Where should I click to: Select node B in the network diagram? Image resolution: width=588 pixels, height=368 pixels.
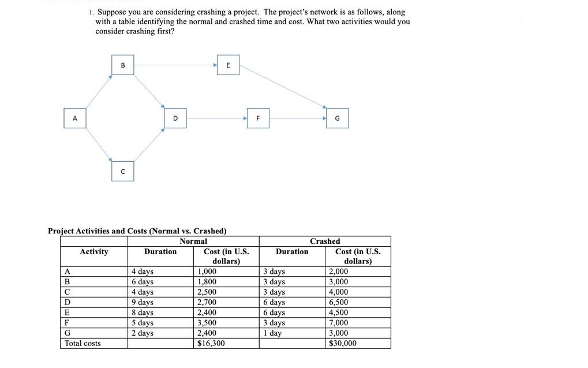[x=123, y=65]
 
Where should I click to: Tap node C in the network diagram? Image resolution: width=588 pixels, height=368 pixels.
[x=123, y=171]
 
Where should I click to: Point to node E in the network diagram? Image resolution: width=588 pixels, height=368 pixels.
[x=228, y=65]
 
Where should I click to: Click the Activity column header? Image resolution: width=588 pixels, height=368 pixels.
[x=93, y=251]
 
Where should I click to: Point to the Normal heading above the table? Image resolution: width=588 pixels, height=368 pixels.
[x=193, y=241]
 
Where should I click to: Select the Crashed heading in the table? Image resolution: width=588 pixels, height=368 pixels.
[x=325, y=241]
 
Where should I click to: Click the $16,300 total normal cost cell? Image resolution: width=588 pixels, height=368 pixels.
[x=211, y=343]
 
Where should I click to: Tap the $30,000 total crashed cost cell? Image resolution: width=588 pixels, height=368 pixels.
[x=342, y=343]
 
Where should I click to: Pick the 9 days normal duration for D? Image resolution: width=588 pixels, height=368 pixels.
[x=143, y=302]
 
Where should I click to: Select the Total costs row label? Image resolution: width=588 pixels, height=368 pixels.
[x=83, y=343]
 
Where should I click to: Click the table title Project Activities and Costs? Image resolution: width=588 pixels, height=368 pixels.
[x=137, y=231]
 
